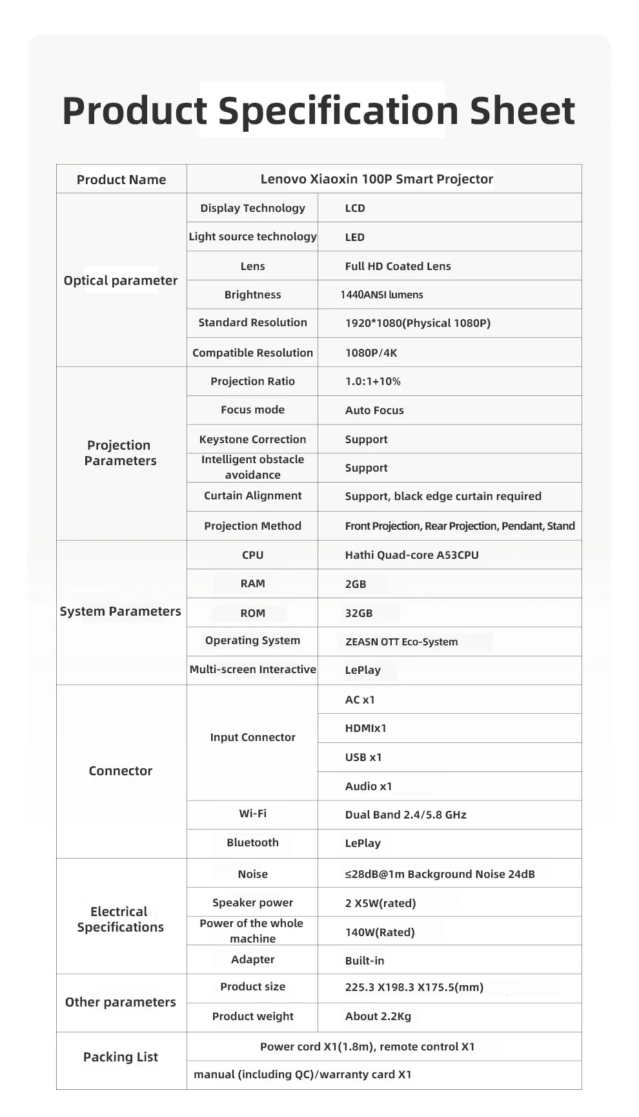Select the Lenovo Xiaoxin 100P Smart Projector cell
pyautogui.click(x=376, y=179)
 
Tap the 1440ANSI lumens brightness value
pyautogui.click(x=381, y=295)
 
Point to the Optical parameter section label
pyautogui.click(x=121, y=280)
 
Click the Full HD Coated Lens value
pyautogui.click(x=398, y=266)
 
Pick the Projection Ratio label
pyautogui.click(x=252, y=381)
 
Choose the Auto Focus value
pyautogui.click(x=374, y=410)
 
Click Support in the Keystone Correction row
pyautogui.click(x=366, y=439)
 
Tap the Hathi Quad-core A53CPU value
pyautogui.click(x=412, y=555)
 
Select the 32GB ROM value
pyautogui.click(x=359, y=613)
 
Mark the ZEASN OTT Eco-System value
pyautogui.click(x=401, y=642)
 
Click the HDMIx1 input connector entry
pyautogui.click(x=365, y=728)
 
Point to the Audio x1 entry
pyautogui.click(x=369, y=786)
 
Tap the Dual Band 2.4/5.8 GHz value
pyautogui.click(x=405, y=815)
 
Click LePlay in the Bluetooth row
pyautogui.click(x=363, y=843)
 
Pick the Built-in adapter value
pyautogui.click(x=365, y=961)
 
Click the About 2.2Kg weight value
pyautogui.click(x=378, y=1016)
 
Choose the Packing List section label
pyautogui.click(x=121, y=1057)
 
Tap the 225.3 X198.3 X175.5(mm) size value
pyautogui.click(x=414, y=987)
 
